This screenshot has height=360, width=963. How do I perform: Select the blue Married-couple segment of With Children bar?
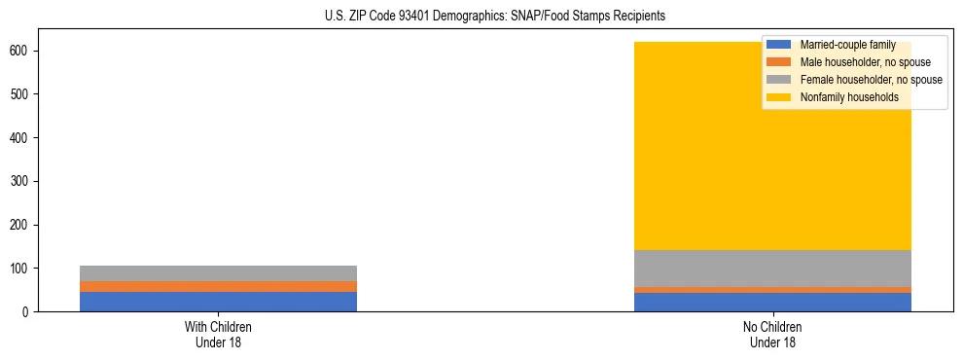pyautogui.click(x=218, y=301)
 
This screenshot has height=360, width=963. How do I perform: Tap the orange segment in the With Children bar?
pyautogui.click(x=218, y=286)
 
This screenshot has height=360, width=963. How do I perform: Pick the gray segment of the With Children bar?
pyautogui.click(x=218, y=273)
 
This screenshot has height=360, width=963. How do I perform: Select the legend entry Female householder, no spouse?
pyautogui.click(x=871, y=80)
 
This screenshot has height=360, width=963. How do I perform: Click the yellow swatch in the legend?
pyautogui.click(x=779, y=97)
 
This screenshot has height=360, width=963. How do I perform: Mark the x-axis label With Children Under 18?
pyautogui.click(x=218, y=334)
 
